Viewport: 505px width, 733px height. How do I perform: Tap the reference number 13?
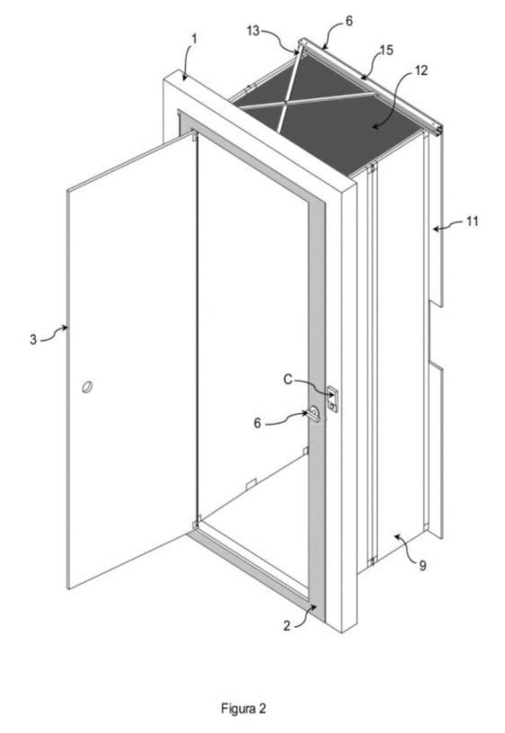[253, 31]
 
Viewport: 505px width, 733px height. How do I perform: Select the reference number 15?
[386, 50]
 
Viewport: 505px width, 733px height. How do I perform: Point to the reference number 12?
[421, 70]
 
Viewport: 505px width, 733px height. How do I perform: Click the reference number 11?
[472, 221]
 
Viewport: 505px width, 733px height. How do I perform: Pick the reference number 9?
[423, 565]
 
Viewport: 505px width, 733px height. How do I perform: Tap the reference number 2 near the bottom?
[287, 625]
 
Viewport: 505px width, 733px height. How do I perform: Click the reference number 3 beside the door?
[33, 339]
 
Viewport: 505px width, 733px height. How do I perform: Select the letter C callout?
[288, 380]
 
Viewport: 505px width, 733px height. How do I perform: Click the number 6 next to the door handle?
[257, 423]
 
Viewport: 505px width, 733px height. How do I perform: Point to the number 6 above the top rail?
[349, 21]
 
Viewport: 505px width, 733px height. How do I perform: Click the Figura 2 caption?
[244, 708]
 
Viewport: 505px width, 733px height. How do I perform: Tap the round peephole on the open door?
[86, 387]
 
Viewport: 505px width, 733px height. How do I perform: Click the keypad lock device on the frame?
[332, 399]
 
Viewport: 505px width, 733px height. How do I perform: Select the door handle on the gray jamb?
[314, 413]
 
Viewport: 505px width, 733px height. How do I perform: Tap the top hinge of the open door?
[193, 136]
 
